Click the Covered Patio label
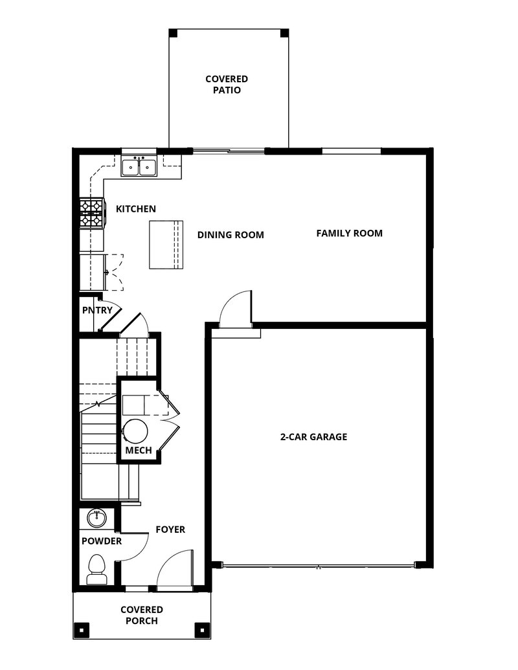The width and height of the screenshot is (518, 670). tap(227, 85)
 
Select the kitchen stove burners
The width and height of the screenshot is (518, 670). tap(91, 214)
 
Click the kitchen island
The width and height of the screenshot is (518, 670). tap(166, 244)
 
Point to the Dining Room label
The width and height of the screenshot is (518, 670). tap(231, 235)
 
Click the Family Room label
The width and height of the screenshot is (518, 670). tap(349, 233)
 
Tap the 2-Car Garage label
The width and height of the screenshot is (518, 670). tap(313, 437)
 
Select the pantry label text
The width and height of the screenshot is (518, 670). tap(97, 310)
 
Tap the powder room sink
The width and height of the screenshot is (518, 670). tap(97, 518)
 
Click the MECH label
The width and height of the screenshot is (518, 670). tap(139, 451)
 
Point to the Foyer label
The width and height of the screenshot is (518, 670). tap(170, 530)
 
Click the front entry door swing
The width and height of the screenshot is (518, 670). tap(175, 570)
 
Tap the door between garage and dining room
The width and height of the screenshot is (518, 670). tap(234, 309)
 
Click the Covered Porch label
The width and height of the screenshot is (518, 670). tap(141, 615)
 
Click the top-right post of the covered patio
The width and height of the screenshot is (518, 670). tap(284, 32)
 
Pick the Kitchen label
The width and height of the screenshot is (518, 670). tap(135, 209)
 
